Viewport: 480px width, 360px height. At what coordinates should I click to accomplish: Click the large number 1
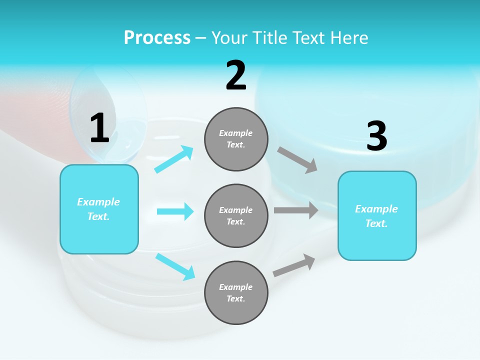point(99,128)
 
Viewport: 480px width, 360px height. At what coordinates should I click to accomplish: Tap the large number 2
point(236,75)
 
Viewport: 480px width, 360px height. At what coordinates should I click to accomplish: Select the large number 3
point(377,136)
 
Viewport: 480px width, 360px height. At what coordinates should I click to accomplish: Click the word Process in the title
point(157,37)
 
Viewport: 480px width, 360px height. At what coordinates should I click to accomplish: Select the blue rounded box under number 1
point(99,209)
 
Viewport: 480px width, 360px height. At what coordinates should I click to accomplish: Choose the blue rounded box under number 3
point(377,215)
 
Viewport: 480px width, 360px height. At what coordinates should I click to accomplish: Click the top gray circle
point(236,139)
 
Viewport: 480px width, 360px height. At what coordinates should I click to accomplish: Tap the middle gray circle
point(236,215)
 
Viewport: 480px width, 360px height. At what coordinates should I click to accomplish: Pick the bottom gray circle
point(236,292)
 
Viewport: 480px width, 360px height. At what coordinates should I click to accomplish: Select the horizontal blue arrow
point(175,211)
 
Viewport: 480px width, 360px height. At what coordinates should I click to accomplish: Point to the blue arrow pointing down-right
point(175,266)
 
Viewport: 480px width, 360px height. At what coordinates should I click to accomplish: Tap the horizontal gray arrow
point(296,210)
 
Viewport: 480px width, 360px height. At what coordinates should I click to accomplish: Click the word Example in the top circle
point(236,133)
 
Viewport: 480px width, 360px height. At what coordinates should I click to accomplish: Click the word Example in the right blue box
point(376,209)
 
